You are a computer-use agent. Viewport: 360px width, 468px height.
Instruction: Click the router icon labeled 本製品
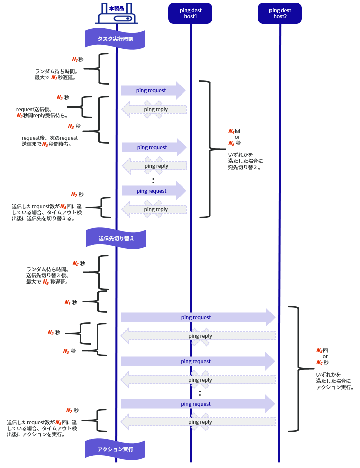click(117, 13)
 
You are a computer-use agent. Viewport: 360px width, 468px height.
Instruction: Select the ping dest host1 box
click(190, 13)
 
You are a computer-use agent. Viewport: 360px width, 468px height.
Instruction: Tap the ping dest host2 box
click(280, 13)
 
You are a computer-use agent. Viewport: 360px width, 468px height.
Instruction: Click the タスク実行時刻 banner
click(115, 39)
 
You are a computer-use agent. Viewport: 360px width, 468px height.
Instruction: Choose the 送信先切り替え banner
click(117, 238)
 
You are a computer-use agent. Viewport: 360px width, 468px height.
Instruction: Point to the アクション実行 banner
click(115, 449)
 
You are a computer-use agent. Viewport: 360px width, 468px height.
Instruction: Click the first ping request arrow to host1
click(153, 90)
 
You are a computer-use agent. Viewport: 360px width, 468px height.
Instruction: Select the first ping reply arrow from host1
click(154, 109)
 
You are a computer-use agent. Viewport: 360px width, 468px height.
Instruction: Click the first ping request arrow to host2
click(198, 317)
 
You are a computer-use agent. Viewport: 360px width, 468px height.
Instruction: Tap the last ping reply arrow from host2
click(198, 422)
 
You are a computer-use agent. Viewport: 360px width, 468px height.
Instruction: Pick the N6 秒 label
click(79, 264)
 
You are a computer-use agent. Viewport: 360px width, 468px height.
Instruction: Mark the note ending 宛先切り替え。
click(245, 161)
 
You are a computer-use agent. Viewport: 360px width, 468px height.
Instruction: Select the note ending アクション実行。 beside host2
click(335, 381)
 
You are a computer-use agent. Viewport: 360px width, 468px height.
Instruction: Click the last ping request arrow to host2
click(198, 404)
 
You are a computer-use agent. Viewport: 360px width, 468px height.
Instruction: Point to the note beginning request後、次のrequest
click(50, 141)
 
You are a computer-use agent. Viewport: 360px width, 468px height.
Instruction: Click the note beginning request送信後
click(42, 112)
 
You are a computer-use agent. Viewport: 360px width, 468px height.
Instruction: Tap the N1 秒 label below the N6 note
click(71, 302)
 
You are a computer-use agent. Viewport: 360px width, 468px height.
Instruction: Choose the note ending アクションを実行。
click(42, 428)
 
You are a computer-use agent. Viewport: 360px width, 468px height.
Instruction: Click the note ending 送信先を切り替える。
click(47, 212)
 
